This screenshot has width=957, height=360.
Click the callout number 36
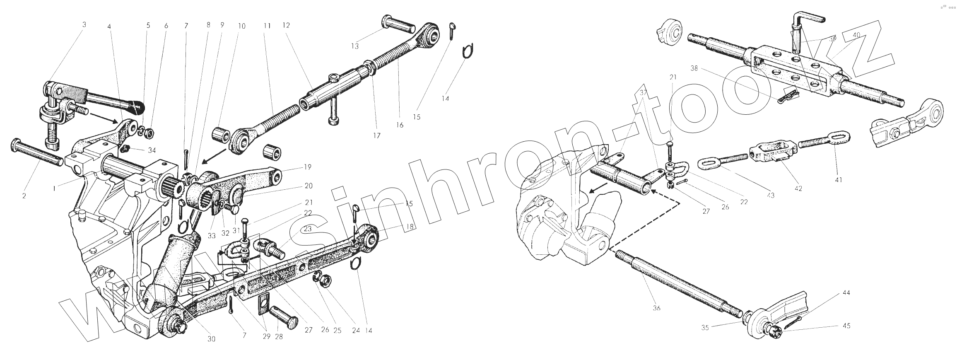click(x=656, y=308)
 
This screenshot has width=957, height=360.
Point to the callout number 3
click(x=84, y=24)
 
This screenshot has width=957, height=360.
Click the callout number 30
click(x=211, y=339)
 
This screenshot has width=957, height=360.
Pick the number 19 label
click(x=308, y=167)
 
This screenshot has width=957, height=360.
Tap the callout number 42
click(x=798, y=188)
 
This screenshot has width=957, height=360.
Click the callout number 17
click(x=376, y=135)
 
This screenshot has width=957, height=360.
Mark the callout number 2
click(x=24, y=196)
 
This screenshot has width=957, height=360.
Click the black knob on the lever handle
click(x=137, y=107)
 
